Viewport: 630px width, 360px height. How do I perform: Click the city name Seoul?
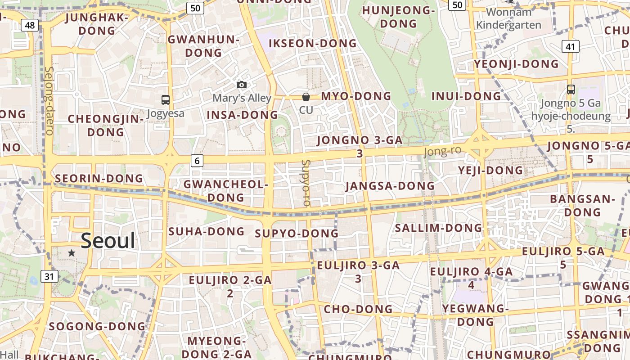pyautogui.click(x=108, y=241)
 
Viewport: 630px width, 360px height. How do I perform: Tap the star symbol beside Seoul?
pyautogui.click(x=72, y=253)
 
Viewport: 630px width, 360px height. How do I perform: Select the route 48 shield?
pyautogui.click(x=30, y=25)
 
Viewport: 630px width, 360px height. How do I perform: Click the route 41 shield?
pyautogui.click(x=570, y=46)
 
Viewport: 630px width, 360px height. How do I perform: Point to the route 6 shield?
pyautogui.click(x=197, y=160)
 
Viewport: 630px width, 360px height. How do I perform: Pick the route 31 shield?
pyautogui.click(x=49, y=276)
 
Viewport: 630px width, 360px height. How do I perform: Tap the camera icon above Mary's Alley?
pyautogui.click(x=242, y=85)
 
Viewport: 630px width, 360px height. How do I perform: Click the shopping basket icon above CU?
pyautogui.click(x=306, y=96)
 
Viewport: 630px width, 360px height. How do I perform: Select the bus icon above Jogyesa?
pyautogui.click(x=166, y=100)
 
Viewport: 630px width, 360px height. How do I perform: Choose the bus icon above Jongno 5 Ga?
pyautogui.click(x=571, y=90)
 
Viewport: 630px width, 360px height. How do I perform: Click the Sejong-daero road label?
pyautogui.click(x=49, y=101)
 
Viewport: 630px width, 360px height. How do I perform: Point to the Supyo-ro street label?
pyautogui.click(x=306, y=183)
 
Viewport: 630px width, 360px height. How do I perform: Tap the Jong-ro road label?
pyautogui.click(x=443, y=151)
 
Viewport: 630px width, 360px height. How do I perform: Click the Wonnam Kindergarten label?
pyautogui.click(x=508, y=18)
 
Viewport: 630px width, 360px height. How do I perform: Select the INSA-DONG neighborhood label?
pyautogui.click(x=242, y=115)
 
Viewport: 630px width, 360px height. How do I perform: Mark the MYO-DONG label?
pyautogui.click(x=356, y=96)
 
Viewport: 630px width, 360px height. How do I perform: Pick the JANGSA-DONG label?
pyautogui.click(x=390, y=185)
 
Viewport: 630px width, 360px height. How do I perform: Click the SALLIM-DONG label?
pyautogui.click(x=438, y=228)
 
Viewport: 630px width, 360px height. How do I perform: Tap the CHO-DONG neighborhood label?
pyautogui.click(x=358, y=309)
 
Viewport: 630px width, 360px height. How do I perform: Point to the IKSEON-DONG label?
pyautogui.click(x=312, y=43)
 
